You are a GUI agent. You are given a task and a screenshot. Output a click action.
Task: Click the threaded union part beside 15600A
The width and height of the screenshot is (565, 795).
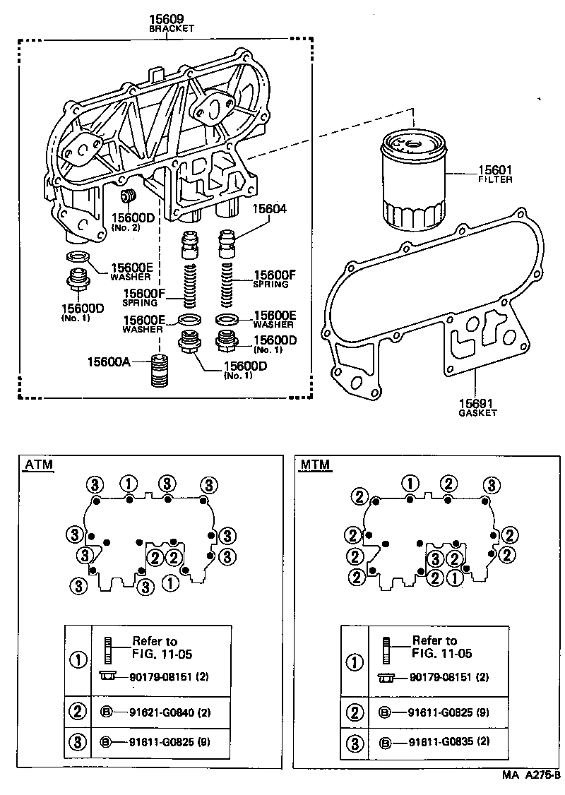pyautogui.click(x=164, y=371)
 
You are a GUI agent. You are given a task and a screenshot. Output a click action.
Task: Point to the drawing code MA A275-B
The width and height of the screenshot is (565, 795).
pyautogui.click(x=531, y=775)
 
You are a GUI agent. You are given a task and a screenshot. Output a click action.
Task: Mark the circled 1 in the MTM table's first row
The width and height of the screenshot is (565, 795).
pyautogui.click(x=355, y=662)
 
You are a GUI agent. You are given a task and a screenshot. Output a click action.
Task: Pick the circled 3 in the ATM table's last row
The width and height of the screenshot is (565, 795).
pyautogui.click(x=78, y=742)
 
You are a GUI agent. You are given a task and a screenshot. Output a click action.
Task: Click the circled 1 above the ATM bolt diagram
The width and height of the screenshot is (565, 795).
pyautogui.click(x=128, y=484)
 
